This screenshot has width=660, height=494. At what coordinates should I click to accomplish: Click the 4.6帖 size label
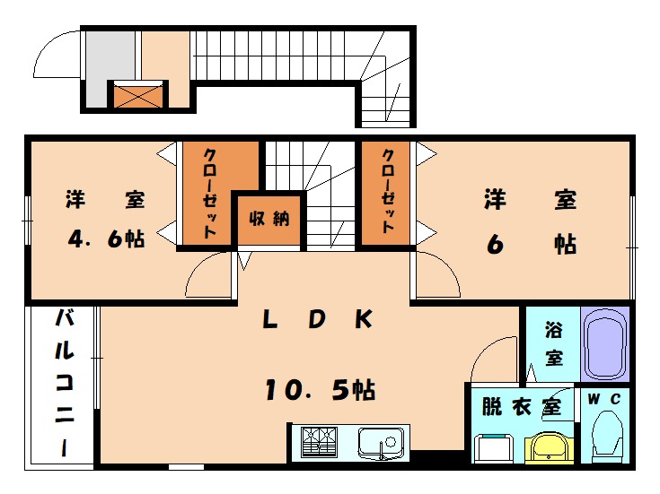[107, 240]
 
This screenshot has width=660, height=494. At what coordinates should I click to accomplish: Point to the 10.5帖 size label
[319, 390]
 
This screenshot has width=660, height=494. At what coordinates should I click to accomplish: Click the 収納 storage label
[269, 218]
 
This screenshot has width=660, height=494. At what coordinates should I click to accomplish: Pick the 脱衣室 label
[521, 406]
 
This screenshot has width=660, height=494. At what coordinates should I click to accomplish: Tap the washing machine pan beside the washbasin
[493, 446]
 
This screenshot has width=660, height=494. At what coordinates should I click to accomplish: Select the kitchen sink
[382, 442]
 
